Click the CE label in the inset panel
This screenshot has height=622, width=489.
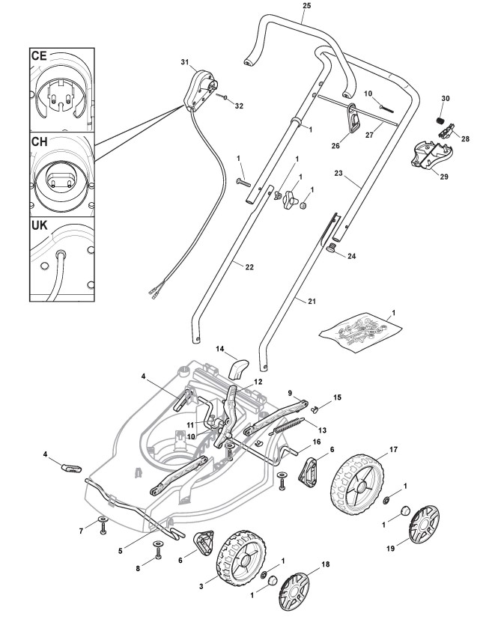[39, 55]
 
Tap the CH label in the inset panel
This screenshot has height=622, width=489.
[39, 141]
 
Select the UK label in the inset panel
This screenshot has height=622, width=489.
[39, 225]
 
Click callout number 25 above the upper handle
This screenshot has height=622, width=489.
[306, 6]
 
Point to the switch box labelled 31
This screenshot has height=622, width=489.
[201, 90]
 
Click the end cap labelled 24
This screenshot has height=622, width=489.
[332, 249]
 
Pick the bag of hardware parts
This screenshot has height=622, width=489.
[360, 332]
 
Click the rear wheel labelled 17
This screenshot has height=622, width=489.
[358, 484]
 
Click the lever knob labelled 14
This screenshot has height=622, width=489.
[239, 370]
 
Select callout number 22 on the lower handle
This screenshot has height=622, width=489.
[249, 267]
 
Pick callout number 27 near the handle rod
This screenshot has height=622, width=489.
[369, 135]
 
